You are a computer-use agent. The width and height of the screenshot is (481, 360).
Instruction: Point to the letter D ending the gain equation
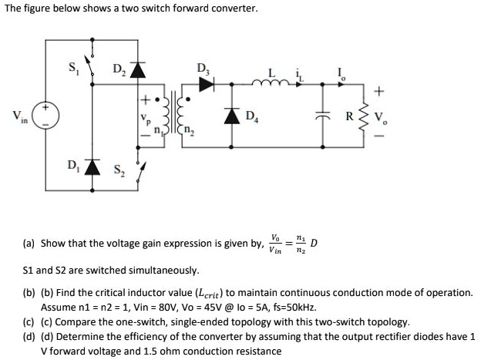tap(313, 246)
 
